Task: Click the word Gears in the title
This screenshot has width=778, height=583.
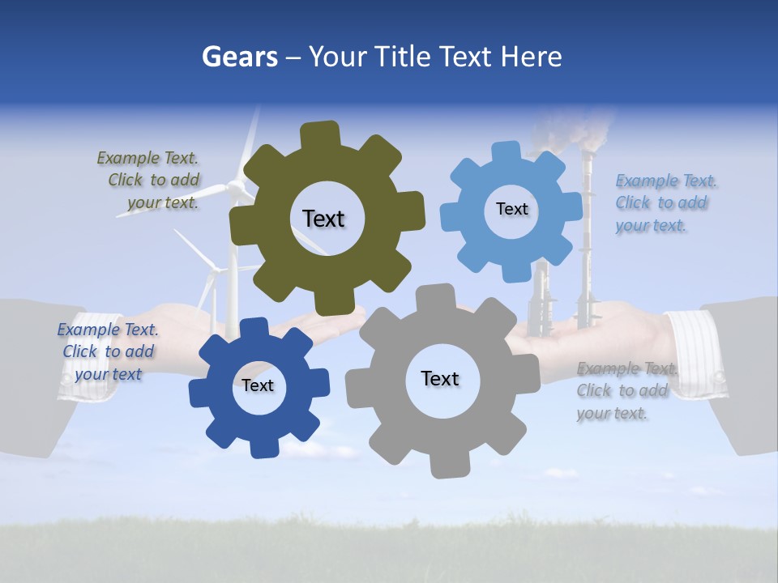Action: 239,57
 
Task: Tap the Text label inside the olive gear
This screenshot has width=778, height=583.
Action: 323,219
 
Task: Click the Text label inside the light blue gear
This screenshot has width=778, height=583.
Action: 511,209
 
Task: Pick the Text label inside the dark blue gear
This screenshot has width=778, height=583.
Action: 258,385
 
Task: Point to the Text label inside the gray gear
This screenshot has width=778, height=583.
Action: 440,378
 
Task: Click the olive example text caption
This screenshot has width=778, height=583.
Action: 148,181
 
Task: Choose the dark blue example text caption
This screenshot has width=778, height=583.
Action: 108,351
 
